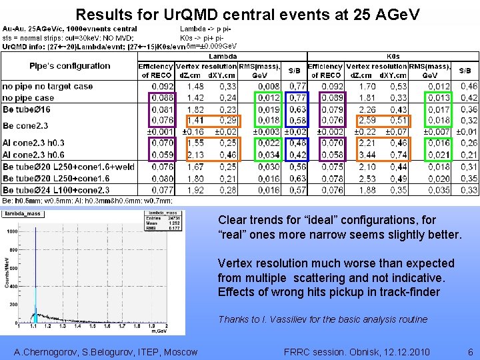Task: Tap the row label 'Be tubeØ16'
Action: (27, 109)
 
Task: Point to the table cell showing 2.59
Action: (367, 121)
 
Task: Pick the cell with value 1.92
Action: (195, 190)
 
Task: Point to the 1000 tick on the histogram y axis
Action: (13, 232)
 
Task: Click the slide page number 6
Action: (470, 352)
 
